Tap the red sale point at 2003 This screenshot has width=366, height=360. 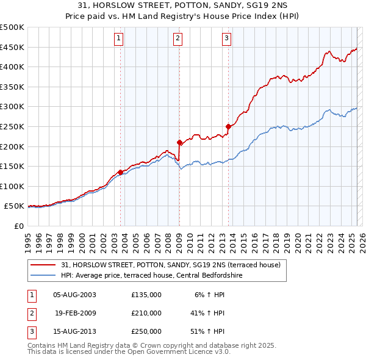[120, 173]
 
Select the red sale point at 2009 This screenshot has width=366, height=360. [179, 143]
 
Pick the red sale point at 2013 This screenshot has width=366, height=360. [228, 127]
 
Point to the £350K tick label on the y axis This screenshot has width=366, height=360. [12, 87]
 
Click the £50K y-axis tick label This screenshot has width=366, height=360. [15, 207]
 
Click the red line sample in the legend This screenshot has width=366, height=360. [43, 265]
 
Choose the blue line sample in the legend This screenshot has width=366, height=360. [43, 276]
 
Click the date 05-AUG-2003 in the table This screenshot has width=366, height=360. [74, 295]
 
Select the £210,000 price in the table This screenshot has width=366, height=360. [146, 313]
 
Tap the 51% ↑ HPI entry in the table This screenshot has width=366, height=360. [207, 332]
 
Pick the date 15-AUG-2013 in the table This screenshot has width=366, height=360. [74, 332]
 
